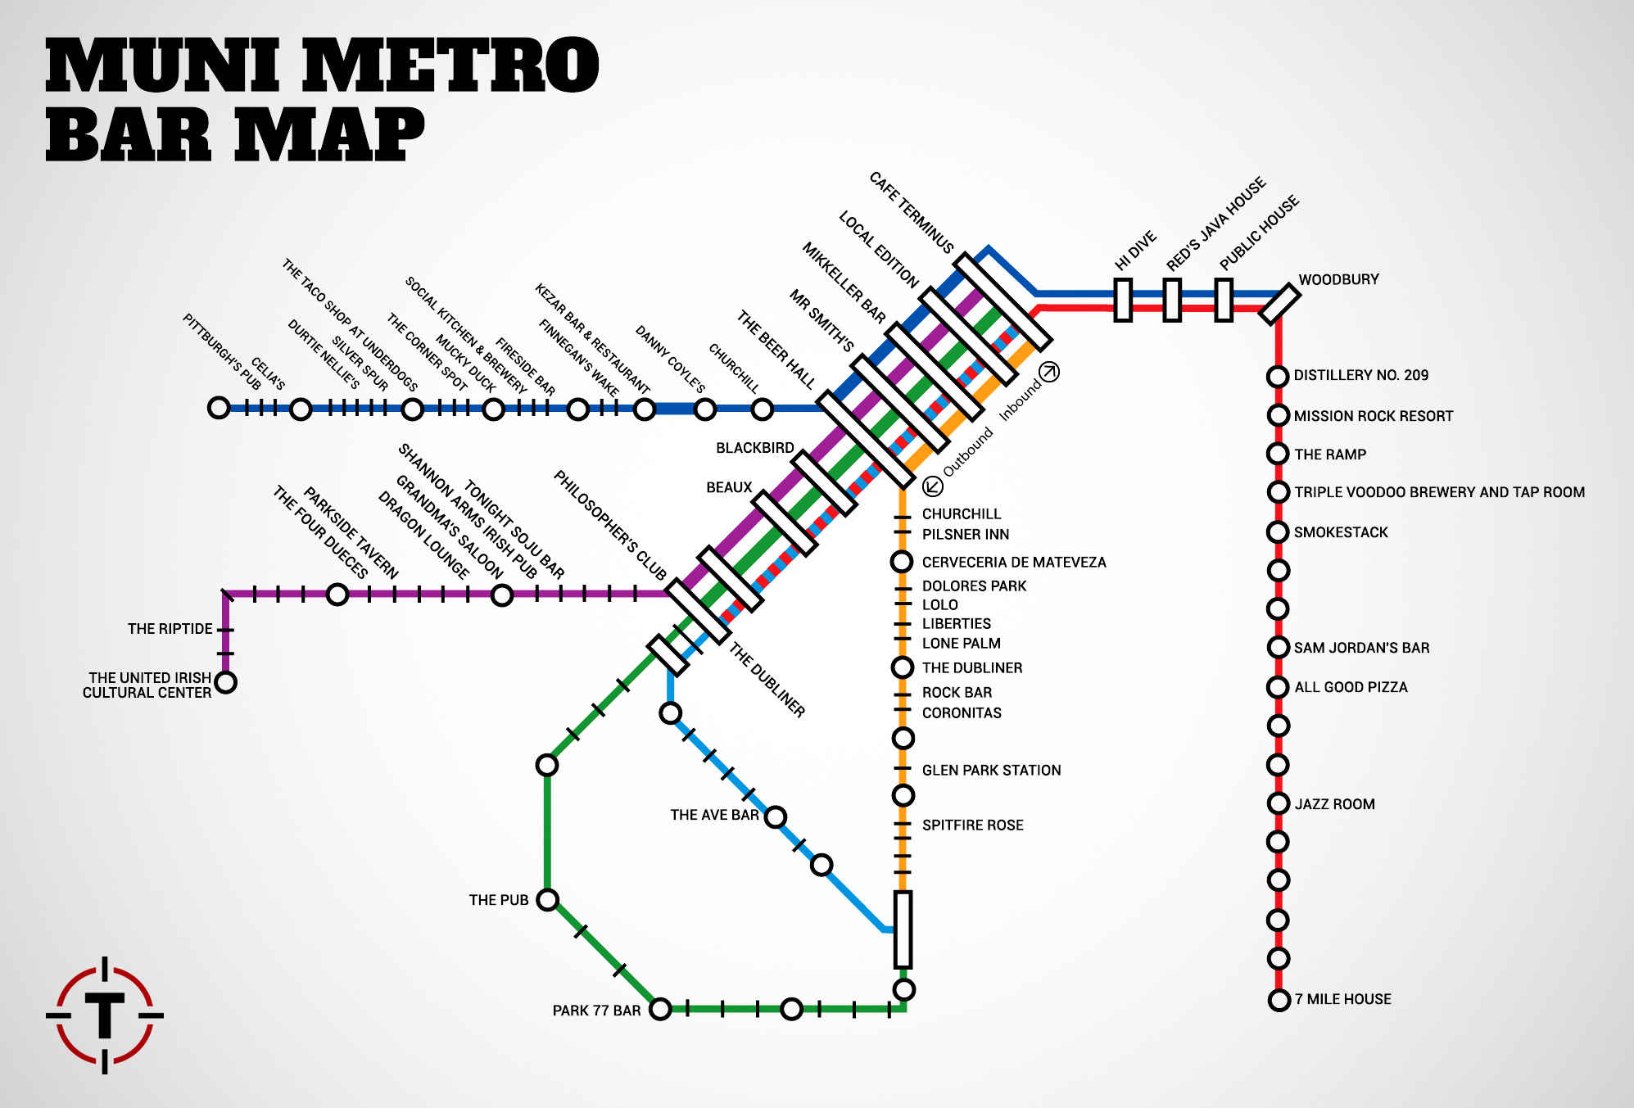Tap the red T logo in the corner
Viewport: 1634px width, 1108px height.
coord(105,1015)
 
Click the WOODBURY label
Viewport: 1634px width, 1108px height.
coord(1338,279)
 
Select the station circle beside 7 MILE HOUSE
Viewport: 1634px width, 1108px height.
coord(1279,1000)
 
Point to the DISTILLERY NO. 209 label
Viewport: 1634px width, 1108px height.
coord(1361,375)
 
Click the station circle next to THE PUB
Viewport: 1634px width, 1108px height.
coord(547,900)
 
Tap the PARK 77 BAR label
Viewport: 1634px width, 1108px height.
coord(596,1011)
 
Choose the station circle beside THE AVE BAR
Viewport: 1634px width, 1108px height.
coord(775,816)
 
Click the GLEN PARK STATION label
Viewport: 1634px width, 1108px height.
coord(991,770)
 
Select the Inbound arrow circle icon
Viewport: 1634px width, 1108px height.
coord(1049,372)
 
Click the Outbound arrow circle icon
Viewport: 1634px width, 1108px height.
coord(933,486)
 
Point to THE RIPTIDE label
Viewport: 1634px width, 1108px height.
coord(170,629)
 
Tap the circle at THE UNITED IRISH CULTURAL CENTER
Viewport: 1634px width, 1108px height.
coord(225,681)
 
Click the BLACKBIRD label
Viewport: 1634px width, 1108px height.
coord(755,448)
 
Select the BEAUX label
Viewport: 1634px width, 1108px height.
coord(729,487)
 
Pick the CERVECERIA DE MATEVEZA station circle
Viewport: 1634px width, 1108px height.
coord(902,562)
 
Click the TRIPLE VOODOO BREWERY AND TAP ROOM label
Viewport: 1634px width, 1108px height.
coord(1439,492)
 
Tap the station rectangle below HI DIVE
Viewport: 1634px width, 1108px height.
coord(1123,300)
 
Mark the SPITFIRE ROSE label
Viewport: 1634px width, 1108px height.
coord(973,825)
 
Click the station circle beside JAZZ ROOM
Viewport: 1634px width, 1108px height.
coord(1279,803)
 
